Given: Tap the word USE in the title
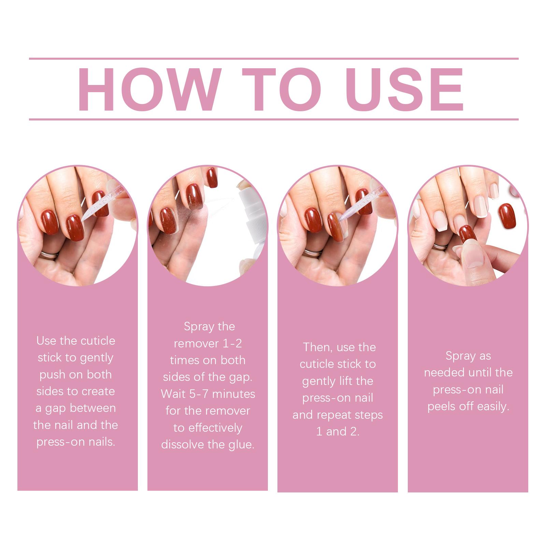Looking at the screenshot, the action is click(x=404, y=89).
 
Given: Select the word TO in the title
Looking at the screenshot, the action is click(x=282, y=89).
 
